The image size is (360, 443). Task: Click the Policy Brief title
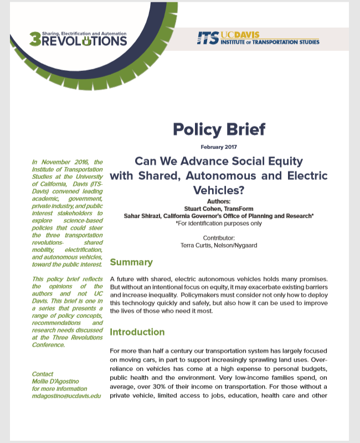(219, 129)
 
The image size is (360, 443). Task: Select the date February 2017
(219, 147)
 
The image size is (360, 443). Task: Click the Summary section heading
(131, 262)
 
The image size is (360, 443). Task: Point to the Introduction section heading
(137, 332)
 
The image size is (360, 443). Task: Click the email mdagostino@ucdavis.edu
(66, 396)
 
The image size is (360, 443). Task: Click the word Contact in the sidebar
(43, 374)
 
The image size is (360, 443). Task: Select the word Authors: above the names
(219, 202)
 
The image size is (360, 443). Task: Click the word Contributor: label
(219, 237)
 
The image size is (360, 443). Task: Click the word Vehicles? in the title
(219, 189)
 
